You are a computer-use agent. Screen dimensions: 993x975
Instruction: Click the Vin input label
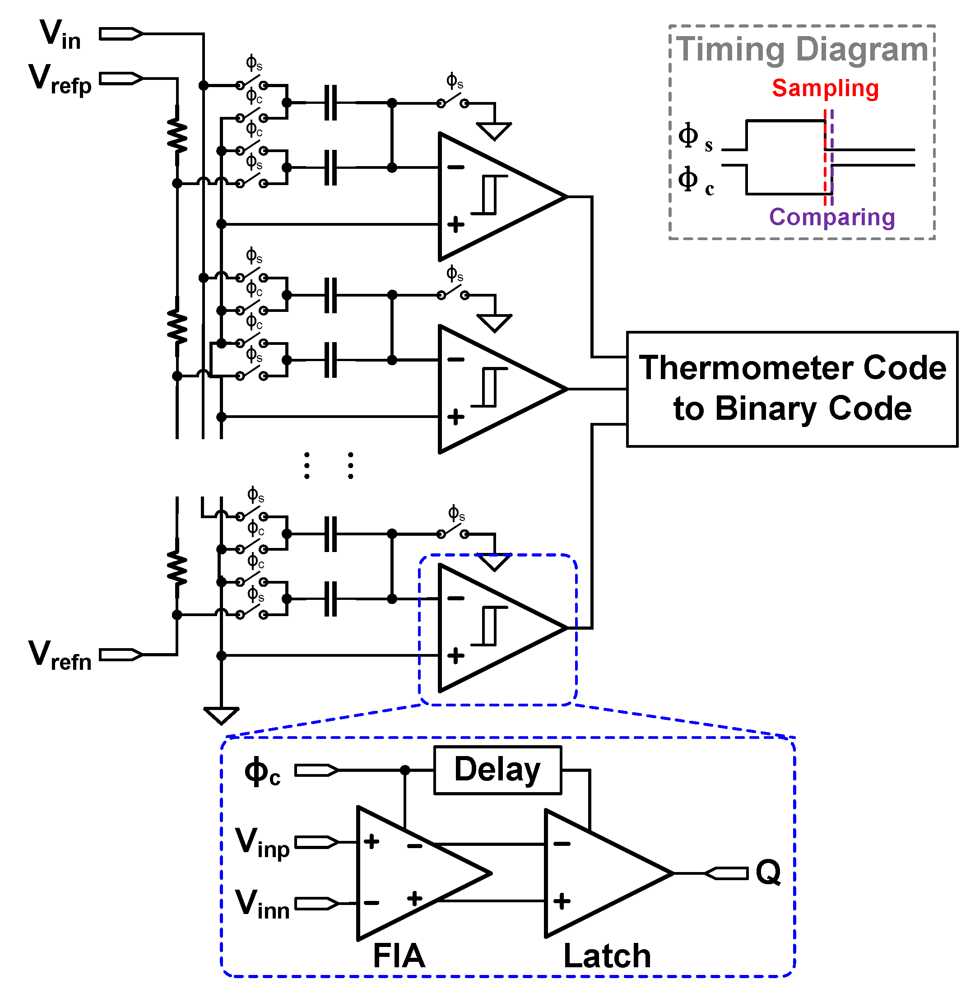(x=60, y=35)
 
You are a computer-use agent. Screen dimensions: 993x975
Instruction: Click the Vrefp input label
(x=60, y=79)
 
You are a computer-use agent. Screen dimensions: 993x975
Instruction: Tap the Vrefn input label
(x=60, y=655)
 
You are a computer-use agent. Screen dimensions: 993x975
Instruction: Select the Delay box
(x=497, y=770)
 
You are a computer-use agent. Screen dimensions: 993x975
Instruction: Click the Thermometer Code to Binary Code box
(x=792, y=389)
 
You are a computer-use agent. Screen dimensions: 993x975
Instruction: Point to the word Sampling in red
(x=825, y=88)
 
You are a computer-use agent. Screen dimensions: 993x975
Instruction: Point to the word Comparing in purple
(x=831, y=217)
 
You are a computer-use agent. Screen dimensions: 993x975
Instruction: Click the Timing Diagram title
(x=802, y=50)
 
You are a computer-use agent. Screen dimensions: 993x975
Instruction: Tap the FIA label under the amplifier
(x=399, y=956)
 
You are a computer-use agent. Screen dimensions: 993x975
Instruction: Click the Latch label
(x=607, y=956)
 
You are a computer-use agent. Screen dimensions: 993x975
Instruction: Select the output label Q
(x=768, y=872)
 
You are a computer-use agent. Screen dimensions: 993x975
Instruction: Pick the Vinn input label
(x=262, y=905)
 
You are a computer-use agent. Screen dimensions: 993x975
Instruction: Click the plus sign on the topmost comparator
(x=455, y=224)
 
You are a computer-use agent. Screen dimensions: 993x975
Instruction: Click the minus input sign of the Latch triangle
(x=562, y=844)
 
